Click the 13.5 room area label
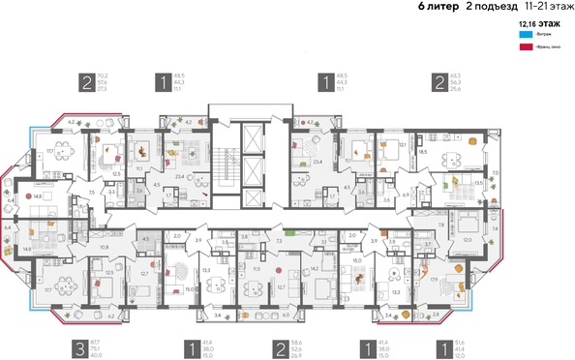[x=478, y=181]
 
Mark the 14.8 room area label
[x=37, y=195]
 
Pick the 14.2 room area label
[x=315, y=269]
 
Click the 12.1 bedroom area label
[x=402, y=145]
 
